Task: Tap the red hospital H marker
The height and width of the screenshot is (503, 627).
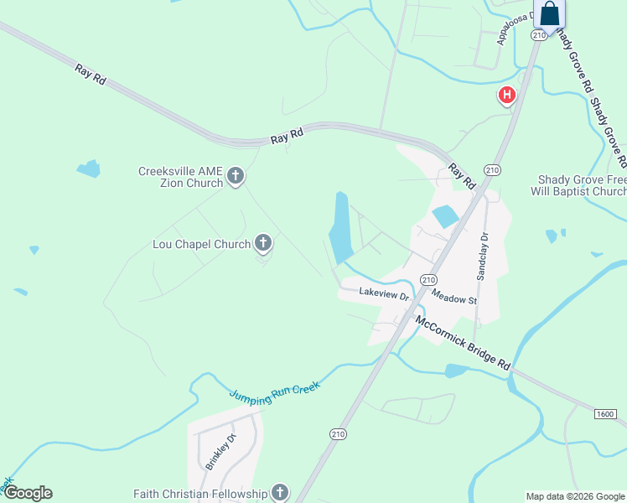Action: [x=506, y=96]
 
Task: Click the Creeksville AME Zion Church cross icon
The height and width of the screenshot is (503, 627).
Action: [x=236, y=176]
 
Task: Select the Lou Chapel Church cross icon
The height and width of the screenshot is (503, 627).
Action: [x=263, y=244]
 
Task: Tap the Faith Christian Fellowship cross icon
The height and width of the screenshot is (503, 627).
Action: [x=280, y=493]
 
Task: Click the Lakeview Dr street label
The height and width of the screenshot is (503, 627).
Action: [x=383, y=293]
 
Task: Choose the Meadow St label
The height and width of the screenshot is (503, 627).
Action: [x=454, y=298]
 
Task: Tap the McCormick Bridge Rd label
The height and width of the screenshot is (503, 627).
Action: [x=464, y=343]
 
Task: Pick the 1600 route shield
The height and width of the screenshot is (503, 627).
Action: [x=605, y=414]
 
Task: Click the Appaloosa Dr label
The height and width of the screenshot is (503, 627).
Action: [x=514, y=30]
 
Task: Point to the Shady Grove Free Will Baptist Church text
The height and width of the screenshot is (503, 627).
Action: [x=582, y=185]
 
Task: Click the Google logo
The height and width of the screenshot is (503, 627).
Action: [x=27, y=493]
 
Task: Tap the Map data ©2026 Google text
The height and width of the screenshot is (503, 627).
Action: [x=575, y=496]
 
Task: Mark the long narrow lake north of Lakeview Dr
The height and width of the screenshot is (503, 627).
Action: [x=340, y=228]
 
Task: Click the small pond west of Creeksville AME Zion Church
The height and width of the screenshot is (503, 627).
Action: [x=88, y=169]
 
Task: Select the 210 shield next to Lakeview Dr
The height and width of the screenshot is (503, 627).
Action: [x=428, y=279]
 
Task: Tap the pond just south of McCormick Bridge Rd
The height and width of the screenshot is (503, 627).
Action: [x=456, y=371]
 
